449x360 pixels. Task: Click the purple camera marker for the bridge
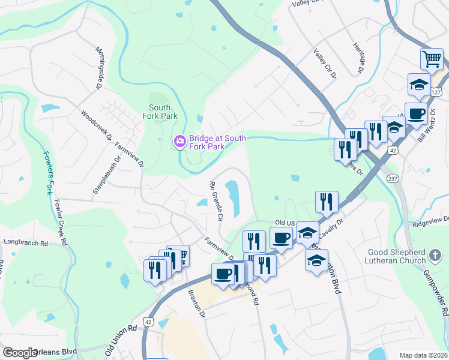(179, 142)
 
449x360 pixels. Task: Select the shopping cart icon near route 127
(432, 59)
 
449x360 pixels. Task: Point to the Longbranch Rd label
(25, 243)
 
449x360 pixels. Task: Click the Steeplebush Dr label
(100, 175)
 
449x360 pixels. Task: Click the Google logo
(20, 353)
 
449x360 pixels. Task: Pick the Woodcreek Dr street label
(97, 125)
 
